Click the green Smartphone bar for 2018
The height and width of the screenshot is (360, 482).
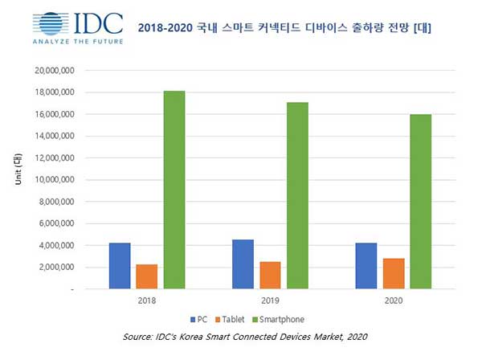click(174, 190)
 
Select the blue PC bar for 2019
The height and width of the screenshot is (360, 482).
click(243, 264)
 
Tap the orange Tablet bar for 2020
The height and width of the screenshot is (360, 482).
click(394, 273)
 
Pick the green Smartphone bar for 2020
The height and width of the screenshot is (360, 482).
click(421, 201)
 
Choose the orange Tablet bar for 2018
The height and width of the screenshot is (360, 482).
click(147, 276)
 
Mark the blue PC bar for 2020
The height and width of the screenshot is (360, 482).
click(366, 265)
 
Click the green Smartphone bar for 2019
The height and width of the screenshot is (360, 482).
click(297, 195)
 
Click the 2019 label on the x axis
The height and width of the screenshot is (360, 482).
click(270, 301)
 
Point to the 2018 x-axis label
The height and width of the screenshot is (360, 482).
click(147, 301)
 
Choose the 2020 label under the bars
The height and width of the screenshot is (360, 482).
click(394, 301)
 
